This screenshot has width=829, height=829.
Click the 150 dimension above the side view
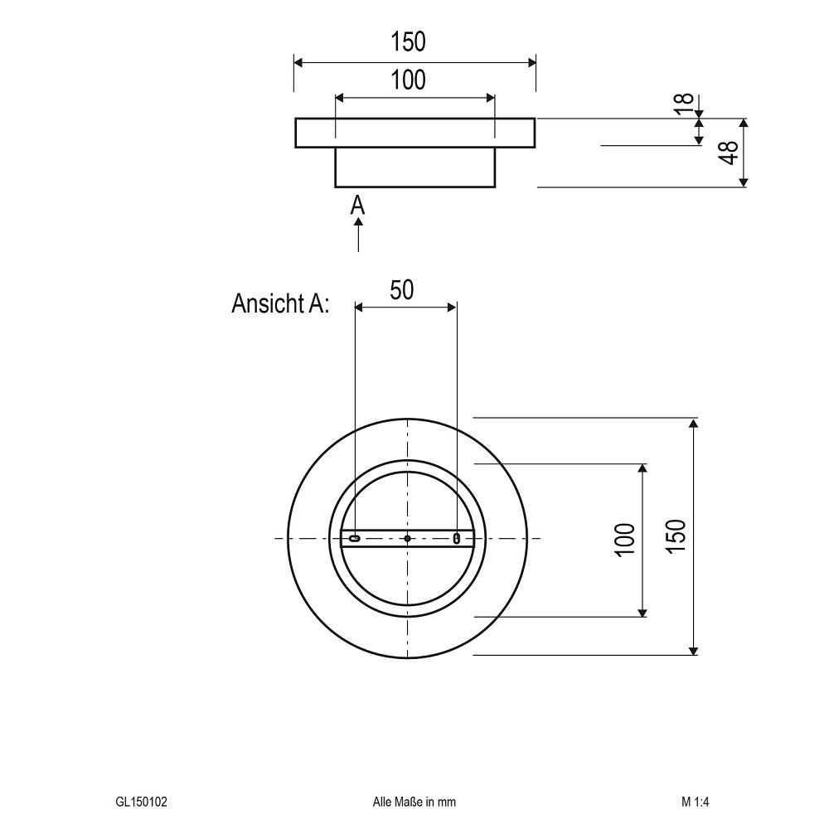[408, 41]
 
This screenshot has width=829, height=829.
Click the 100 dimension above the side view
[408, 80]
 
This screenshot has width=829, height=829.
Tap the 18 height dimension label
[684, 104]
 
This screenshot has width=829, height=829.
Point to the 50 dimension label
[402, 290]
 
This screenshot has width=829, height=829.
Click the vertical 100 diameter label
[624, 540]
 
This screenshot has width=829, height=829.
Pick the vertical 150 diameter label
[676, 536]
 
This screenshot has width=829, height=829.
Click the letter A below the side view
[358, 205]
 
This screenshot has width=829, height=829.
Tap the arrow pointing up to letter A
[358, 235]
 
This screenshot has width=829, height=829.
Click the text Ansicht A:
[280, 303]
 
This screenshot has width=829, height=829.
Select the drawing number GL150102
[141, 802]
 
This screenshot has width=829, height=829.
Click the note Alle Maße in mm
[414, 802]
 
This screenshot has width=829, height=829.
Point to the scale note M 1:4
[695, 802]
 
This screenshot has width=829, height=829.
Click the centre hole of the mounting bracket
[407, 538]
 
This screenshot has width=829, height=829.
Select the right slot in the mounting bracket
[457, 539]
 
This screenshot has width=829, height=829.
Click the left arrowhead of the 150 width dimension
[298, 62]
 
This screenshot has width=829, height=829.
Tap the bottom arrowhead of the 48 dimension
[744, 182]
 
